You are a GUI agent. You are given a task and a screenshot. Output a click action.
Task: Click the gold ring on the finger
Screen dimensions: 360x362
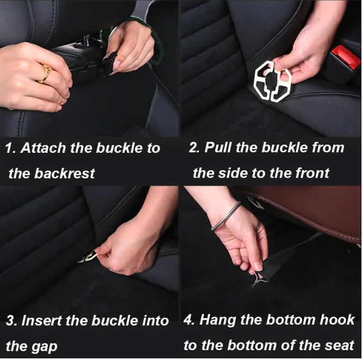coord(45,73)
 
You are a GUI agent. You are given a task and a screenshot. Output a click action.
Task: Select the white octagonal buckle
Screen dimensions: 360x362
coord(272,82)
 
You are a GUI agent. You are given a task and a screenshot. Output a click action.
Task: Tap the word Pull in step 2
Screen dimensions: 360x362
coord(214,148)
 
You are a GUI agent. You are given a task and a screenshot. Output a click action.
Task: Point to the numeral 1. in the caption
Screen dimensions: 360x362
coord(10,148)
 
